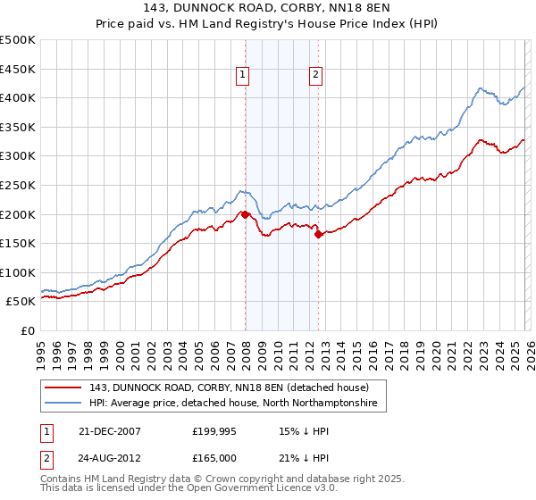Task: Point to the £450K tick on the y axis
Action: pyautogui.click(x=18, y=69)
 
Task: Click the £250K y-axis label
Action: pyautogui.click(x=18, y=185)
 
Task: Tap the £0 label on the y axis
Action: pyautogui.click(x=29, y=330)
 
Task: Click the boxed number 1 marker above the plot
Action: pyautogui.click(x=243, y=76)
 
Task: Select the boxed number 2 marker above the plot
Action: pyautogui.click(x=316, y=76)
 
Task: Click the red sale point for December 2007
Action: pyautogui.click(x=245, y=214)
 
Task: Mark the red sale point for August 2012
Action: pyautogui.click(x=318, y=235)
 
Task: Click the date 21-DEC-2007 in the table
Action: pyautogui.click(x=110, y=431)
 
